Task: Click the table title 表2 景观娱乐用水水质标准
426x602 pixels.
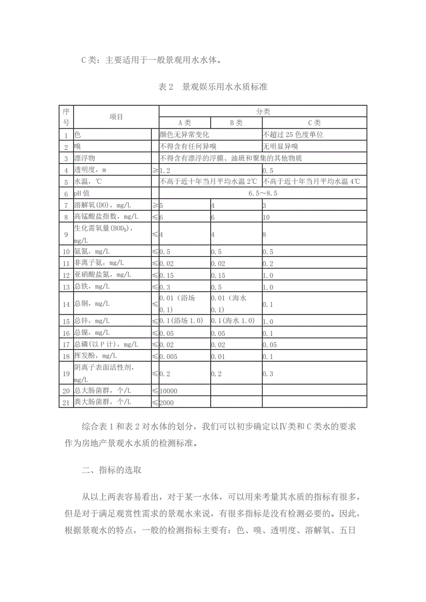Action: point(213,87)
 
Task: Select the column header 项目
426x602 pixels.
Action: point(116,117)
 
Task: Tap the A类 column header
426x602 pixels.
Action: point(184,123)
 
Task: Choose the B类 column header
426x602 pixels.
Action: point(236,123)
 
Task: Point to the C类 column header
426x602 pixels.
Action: point(314,123)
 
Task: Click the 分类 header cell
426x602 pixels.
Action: point(262,111)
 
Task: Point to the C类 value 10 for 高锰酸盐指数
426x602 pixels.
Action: point(266,217)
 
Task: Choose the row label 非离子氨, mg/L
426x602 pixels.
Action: point(99,263)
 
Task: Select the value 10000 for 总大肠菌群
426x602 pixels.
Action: point(168,391)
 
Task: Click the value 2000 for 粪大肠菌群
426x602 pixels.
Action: point(167,402)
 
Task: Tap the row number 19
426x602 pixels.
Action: point(66,373)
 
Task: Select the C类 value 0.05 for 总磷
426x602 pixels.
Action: point(269,345)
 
